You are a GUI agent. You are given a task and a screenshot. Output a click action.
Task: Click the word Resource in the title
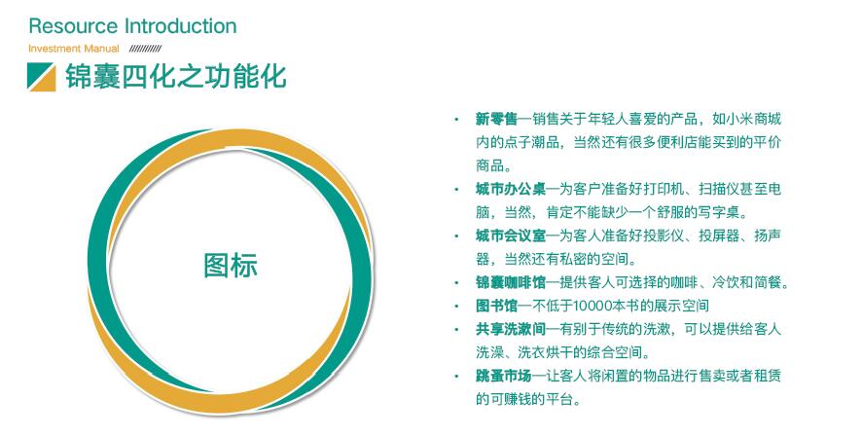[x=73, y=26]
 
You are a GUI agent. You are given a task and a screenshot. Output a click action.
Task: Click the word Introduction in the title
[x=181, y=26]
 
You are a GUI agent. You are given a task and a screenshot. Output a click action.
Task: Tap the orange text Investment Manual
[x=74, y=49]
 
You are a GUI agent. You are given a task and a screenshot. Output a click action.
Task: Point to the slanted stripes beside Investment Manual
[x=145, y=49]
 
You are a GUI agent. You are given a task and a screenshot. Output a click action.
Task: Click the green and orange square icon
[x=41, y=77]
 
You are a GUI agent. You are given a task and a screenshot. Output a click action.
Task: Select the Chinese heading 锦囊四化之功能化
[x=176, y=76]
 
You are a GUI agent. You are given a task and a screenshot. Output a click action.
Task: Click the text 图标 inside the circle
[x=231, y=265]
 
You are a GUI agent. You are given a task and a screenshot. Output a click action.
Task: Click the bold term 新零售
[x=496, y=119]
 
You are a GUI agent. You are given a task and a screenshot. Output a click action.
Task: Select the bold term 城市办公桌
[x=511, y=189]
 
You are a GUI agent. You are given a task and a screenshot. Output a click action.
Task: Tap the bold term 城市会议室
[x=511, y=236]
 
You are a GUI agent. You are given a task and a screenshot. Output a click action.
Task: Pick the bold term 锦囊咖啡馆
[x=511, y=282]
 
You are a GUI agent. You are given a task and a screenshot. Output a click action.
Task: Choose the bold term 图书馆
[x=496, y=306]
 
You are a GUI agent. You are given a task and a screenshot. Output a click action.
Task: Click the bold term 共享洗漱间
[x=511, y=329]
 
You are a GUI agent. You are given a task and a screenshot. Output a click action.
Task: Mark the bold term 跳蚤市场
[x=504, y=376]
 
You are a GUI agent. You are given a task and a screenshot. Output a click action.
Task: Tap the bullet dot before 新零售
[x=455, y=119]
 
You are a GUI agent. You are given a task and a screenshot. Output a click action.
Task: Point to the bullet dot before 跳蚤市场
[x=455, y=376]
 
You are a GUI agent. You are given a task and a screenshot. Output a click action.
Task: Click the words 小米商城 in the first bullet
[x=754, y=119]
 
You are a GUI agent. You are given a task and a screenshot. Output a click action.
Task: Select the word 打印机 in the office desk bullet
[x=664, y=189]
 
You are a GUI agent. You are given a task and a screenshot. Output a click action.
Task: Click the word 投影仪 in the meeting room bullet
[x=664, y=236]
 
